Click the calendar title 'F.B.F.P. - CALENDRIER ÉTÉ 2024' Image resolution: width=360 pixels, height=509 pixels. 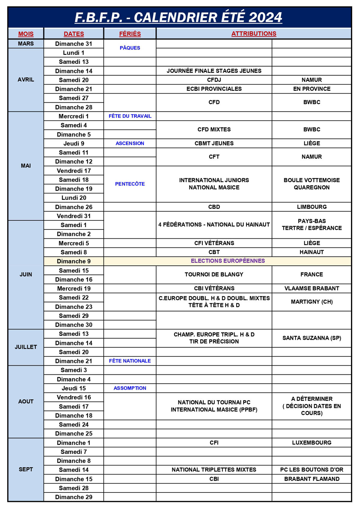point(178,17)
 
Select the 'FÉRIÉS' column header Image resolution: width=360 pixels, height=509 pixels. point(130,34)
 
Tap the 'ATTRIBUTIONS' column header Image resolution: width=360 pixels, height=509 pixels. point(254,34)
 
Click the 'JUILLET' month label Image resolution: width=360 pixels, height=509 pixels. point(26,347)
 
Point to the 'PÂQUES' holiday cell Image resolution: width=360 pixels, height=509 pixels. point(130,48)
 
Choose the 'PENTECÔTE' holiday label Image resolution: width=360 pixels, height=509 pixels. point(130,184)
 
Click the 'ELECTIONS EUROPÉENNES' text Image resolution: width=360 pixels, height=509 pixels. point(228,261)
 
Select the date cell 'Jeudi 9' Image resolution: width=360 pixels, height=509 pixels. point(74,143)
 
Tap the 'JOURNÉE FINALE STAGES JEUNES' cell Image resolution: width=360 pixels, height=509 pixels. point(214,71)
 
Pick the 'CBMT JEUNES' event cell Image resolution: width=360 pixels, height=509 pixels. point(214,143)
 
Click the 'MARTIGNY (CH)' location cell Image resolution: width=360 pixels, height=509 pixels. point(312,302)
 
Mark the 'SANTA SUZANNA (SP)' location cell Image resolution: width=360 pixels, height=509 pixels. point(312,338)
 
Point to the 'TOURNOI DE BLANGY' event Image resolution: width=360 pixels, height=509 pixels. point(214,274)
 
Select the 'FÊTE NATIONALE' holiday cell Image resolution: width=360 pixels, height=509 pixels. point(130,361)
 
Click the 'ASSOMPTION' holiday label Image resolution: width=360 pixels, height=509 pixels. point(130,388)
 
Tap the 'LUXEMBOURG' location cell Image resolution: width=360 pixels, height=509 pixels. point(312,443)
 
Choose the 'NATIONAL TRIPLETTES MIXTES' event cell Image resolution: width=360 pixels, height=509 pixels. point(214,470)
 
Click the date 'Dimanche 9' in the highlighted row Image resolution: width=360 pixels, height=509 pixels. point(74,261)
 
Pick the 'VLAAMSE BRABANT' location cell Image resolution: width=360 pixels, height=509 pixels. point(312,289)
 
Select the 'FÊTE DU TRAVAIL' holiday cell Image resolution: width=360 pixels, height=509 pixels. point(130,116)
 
